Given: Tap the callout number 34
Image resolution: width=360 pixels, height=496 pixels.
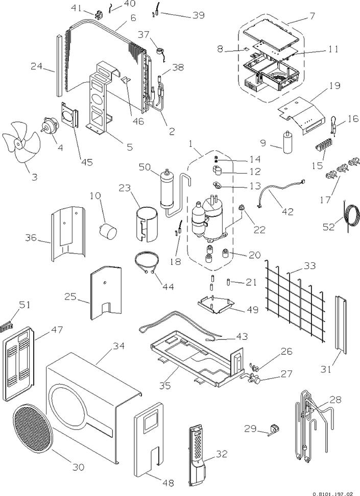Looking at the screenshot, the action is click(x=119, y=346).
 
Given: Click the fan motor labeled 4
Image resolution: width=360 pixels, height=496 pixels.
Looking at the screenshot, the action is click(x=50, y=127).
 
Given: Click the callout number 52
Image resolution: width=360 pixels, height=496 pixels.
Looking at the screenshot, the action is click(x=329, y=227).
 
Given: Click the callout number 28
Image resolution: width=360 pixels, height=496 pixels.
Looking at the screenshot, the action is click(x=335, y=400).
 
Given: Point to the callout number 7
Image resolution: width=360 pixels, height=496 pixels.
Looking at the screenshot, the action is click(x=312, y=16).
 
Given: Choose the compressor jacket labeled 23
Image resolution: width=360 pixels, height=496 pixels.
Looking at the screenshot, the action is click(x=145, y=224).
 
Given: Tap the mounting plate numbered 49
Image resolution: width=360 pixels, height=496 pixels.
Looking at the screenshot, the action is click(x=217, y=304).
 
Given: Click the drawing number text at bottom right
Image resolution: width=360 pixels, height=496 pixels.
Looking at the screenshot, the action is click(x=334, y=493).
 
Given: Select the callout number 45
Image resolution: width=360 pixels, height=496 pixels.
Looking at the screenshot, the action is click(x=87, y=162).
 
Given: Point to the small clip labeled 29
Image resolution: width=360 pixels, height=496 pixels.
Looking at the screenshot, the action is click(x=273, y=430).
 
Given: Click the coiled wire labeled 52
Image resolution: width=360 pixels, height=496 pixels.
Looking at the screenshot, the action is click(x=351, y=215).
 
